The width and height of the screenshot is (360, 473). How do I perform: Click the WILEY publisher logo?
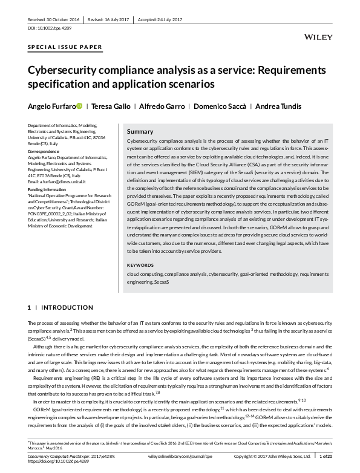point(319,37)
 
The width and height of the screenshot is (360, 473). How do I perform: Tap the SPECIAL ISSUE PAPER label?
point(65,47)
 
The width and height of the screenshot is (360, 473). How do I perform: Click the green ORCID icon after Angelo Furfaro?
point(79,106)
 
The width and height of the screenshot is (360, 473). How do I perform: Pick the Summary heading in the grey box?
point(140,131)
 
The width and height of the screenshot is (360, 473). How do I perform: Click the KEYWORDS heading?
point(140,266)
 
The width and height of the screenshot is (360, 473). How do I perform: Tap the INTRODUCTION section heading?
point(67,308)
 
